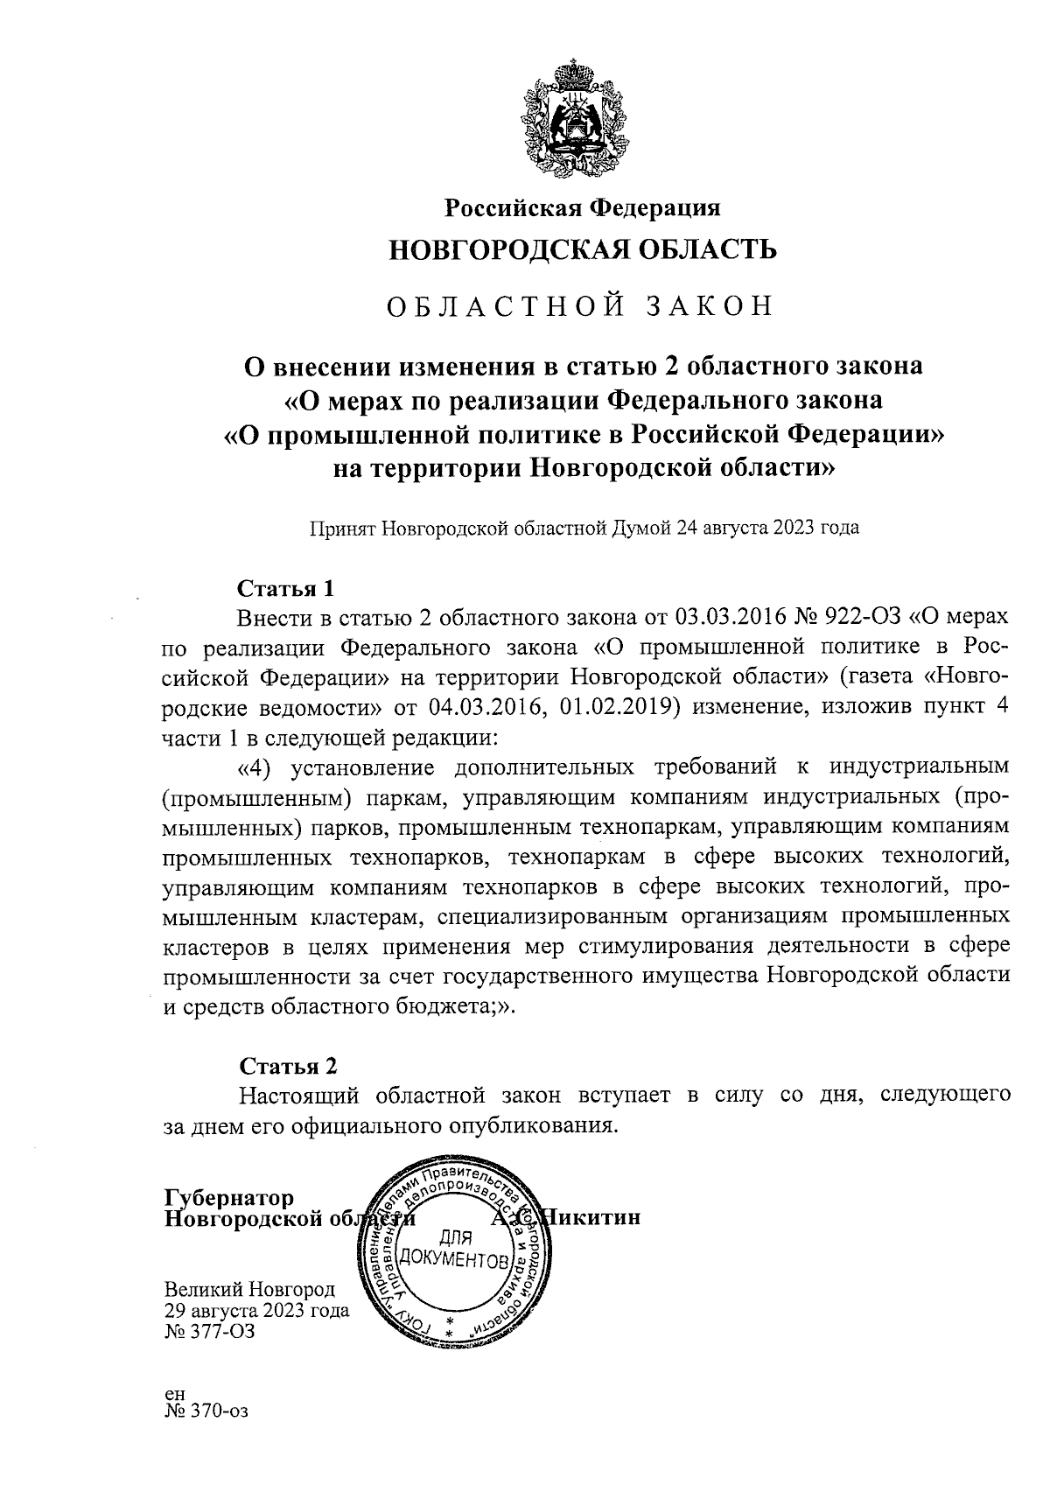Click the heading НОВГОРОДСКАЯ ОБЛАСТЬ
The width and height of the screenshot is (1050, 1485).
coord(583,251)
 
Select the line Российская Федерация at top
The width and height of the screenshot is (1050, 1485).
coord(583,208)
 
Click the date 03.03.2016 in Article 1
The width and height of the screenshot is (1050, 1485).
coord(730,618)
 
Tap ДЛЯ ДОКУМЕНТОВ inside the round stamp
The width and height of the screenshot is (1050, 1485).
coord(453,1249)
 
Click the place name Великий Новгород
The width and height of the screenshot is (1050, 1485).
coord(249,1290)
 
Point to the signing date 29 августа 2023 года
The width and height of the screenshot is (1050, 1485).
coord(256,1311)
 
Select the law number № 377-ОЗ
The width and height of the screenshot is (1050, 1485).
coord(210,1331)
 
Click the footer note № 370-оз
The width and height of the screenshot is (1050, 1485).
coord(206,1411)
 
